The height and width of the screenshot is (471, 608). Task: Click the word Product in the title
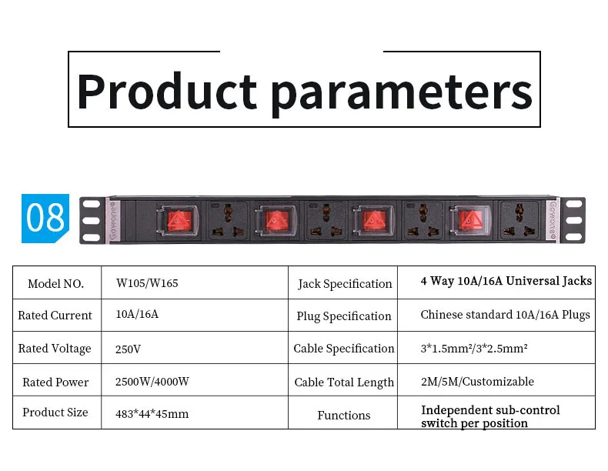pyautogui.click(x=166, y=92)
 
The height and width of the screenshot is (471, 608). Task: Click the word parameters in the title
pyautogui.click(x=401, y=92)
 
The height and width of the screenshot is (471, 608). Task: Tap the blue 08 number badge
pyautogui.click(x=45, y=219)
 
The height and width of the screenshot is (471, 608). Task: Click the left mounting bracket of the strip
pyautogui.click(x=92, y=220)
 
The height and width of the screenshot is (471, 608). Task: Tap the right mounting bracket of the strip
pyautogui.click(x=573, y=220)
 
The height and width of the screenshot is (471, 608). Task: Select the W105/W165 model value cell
pyautogui.click(x=147, y=283)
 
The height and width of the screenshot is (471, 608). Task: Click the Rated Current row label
pyautogui.click(x=55, y=316)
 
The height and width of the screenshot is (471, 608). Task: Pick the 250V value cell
pyautogui.click(x=128, y=349)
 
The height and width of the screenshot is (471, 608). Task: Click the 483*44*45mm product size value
pyautogui.click(x=152, y=414)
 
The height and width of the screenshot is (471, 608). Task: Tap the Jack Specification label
pyautogui.click(x=345, y=284)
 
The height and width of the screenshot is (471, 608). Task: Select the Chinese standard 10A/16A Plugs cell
pyautogui.click(x=505, y=315)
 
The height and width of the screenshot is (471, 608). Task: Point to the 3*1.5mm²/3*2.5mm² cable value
pyautogui.click(x=474, y=349)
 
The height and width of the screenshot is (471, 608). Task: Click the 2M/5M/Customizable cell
pyautogui.click(x=477, y=382)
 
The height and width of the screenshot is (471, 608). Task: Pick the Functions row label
pyautogui.click(x=343, y=415)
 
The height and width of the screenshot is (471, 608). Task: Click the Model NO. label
pyautogui.click(x=55, y=283)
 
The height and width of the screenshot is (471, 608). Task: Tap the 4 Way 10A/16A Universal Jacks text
pyautogui.click(x=506, y=281)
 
